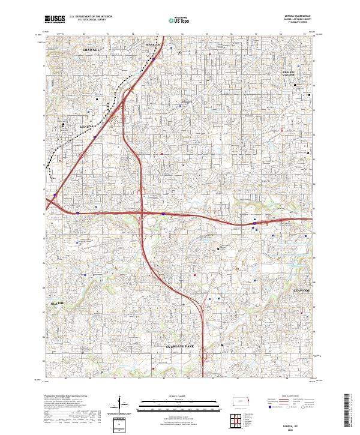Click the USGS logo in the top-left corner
point(55,19)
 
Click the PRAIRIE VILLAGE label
point(290,72)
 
